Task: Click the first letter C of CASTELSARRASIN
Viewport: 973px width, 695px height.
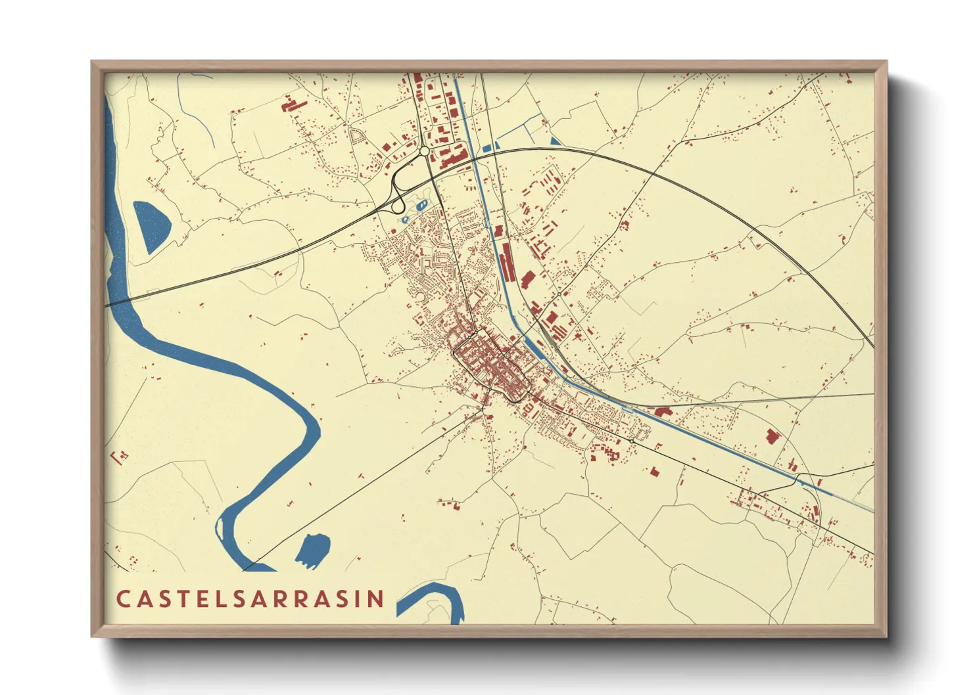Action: coord(123,598)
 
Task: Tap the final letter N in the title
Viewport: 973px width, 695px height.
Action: coord(377,598)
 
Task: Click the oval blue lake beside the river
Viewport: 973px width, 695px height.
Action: coord(152,226)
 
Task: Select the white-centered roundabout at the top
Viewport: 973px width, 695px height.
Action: coord(424,151)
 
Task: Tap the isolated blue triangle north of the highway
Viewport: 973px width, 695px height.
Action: coord(556,141)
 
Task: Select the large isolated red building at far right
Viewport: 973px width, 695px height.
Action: coord(772,436)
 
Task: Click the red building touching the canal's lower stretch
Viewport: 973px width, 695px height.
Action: coord(663,412)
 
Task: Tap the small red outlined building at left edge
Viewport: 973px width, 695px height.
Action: coord(120,456)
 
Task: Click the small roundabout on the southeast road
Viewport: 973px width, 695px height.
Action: coord(632,439)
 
